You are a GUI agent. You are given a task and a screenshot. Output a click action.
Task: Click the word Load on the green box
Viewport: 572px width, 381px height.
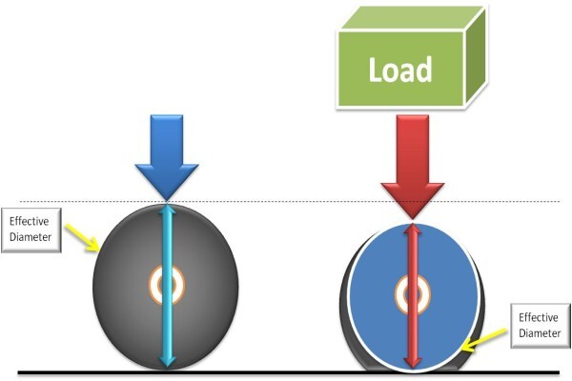400,70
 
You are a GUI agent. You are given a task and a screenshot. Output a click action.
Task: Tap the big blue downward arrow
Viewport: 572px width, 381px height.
167,157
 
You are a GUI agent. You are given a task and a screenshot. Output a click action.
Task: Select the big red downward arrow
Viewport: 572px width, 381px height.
413,167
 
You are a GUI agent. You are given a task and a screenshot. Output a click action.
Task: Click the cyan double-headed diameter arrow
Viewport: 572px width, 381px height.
167,286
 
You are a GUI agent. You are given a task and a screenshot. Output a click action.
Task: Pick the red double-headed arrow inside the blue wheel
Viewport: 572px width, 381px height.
413,296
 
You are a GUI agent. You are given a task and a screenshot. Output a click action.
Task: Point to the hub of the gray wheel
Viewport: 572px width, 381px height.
167,285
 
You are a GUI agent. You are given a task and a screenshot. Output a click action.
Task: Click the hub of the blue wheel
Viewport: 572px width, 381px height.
413,294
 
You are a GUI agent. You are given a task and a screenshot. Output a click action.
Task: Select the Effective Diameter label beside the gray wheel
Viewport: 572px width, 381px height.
31,230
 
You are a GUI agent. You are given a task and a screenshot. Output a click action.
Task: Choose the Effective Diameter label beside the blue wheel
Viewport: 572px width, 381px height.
541,326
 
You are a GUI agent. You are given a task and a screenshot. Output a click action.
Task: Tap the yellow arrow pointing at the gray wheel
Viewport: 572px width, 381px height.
83,238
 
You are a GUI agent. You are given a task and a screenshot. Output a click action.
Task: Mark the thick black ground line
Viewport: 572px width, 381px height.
289,372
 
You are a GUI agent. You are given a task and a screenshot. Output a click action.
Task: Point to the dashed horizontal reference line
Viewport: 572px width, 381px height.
290,201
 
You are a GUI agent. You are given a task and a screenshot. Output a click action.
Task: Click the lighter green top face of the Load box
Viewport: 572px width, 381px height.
412,19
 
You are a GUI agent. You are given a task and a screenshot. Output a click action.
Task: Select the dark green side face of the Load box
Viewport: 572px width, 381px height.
476,56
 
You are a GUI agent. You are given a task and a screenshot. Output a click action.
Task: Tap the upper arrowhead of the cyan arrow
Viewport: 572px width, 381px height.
167,210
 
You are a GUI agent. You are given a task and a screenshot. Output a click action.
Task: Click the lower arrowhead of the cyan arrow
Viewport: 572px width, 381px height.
168,362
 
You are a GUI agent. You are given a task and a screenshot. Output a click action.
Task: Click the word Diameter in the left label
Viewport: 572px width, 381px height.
31,237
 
